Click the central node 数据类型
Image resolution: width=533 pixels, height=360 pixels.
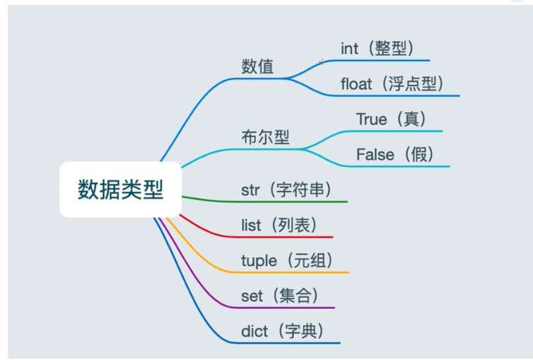[x=120, y=190]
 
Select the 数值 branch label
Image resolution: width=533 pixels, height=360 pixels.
[x=257, y=67]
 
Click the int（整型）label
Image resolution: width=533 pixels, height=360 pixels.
[x=376, y=48]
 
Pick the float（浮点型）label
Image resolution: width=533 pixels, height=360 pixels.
[x=392, y=84]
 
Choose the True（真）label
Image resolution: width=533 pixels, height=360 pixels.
[x=392, y=120]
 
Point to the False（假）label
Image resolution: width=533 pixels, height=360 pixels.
[x=395, y=154]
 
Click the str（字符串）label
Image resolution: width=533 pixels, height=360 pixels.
[x=286, y=190]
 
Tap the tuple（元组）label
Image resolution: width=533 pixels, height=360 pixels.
[x=286, y=260]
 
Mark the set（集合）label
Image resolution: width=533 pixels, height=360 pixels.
[x=279, y=296]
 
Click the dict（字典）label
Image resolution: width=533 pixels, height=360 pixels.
[x=282, y=330]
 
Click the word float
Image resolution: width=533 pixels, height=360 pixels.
[x=356, y=84]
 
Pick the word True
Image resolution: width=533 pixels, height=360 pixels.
[x=372, y=120]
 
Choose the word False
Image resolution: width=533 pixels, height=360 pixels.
[x=375, y=154]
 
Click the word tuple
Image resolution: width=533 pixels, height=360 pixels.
[x=259, y=260]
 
